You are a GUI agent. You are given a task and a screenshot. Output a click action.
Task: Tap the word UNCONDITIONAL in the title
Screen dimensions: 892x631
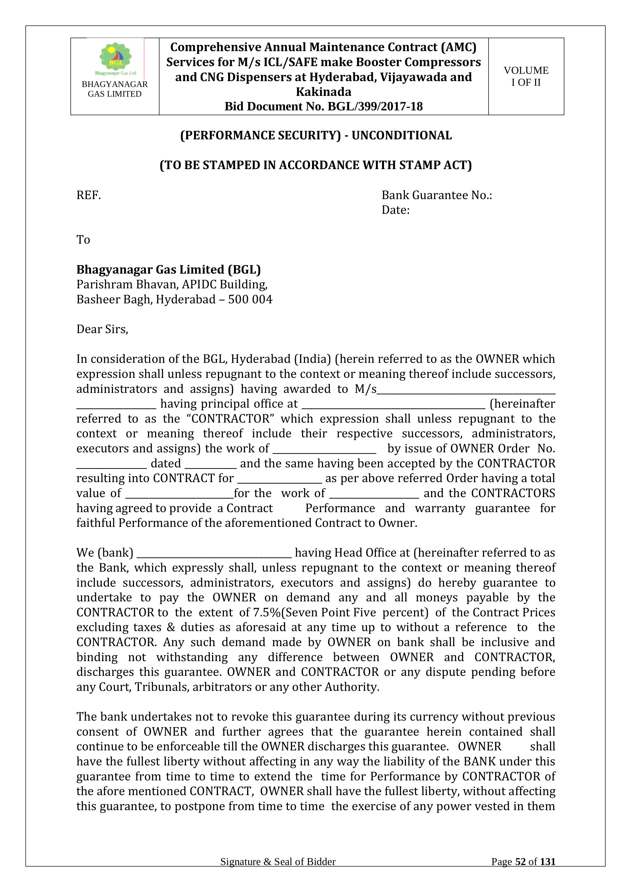coord(402,136)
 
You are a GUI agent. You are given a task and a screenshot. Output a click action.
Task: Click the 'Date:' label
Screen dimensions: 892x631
coord(395,210)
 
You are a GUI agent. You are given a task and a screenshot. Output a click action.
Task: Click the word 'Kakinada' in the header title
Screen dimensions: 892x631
coord(324,92)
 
